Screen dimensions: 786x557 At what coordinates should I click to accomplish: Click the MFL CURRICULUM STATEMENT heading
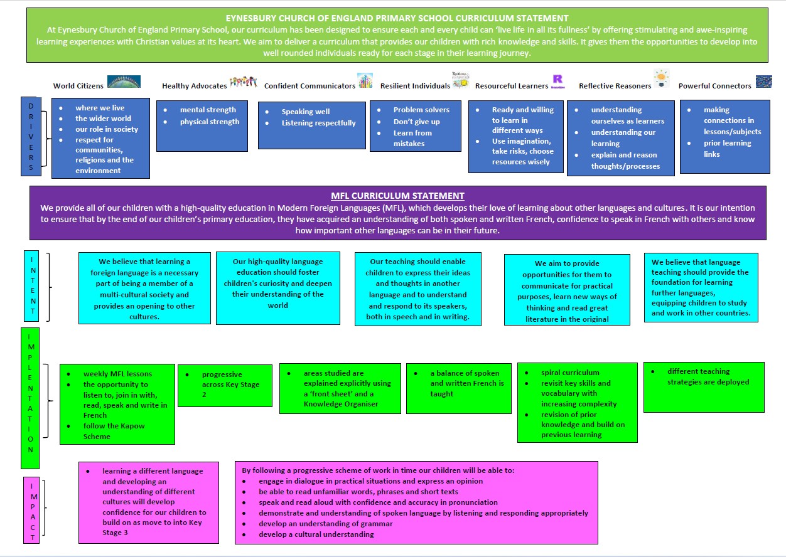[397, 196]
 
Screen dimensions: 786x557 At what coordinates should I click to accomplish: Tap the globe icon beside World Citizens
[124, 82]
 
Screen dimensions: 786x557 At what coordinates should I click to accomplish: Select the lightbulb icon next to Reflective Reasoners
[662, 78]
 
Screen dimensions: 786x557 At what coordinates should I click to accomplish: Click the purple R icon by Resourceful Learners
[557, 82]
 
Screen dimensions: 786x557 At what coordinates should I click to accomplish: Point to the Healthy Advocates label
[195, 86]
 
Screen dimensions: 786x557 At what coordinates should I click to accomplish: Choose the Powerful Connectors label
[715, 86]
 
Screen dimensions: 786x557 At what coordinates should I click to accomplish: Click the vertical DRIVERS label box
[31, 136]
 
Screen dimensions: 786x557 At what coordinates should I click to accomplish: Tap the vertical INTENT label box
[31, 285]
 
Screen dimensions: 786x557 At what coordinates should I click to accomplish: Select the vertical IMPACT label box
[31, 510]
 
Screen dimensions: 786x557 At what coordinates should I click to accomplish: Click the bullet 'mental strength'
[208, 110]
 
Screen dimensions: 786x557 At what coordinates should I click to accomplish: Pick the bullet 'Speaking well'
[305, 112]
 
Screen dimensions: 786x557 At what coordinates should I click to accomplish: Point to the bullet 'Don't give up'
[416, 122]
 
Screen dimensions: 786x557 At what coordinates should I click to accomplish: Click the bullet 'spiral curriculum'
[570, 373]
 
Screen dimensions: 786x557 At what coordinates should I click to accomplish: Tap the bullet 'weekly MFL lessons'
[117, 374]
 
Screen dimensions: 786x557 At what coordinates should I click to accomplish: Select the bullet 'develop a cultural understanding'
[316, 534]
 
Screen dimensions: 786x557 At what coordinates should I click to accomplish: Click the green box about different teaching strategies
[704, 388]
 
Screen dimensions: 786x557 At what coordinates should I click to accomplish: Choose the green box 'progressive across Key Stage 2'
[225, 386]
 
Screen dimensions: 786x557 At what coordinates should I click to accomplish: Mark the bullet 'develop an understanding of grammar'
[326, 524]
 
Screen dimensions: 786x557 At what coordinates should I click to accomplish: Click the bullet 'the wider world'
[103, 119]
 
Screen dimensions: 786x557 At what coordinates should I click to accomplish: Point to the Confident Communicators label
[310, 86]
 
